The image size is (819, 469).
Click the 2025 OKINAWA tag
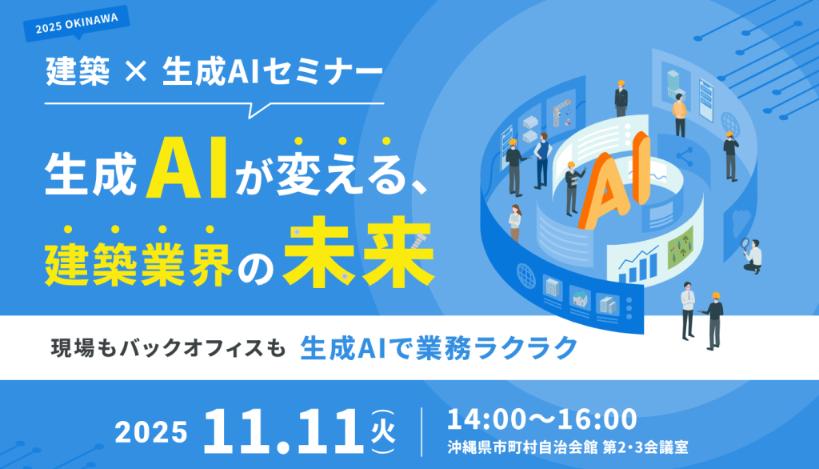point(76,24)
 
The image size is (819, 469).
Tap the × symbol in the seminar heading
point(136,71)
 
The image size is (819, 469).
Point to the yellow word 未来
point(359,253)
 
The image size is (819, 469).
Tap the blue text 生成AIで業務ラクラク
point(439,348)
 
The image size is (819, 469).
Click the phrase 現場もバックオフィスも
point(168,348)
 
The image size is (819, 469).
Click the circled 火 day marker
point(383,432)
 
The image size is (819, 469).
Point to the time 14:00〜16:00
point(541,419)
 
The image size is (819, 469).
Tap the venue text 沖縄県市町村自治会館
point(522,447)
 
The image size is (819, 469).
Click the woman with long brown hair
point(515,223)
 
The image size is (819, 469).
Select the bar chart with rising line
point(638,265)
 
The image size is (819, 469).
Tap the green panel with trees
point(681,247)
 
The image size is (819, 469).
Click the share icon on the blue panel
point(685,156)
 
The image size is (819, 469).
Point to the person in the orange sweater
point(680,115)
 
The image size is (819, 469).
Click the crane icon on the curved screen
point(561,112)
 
